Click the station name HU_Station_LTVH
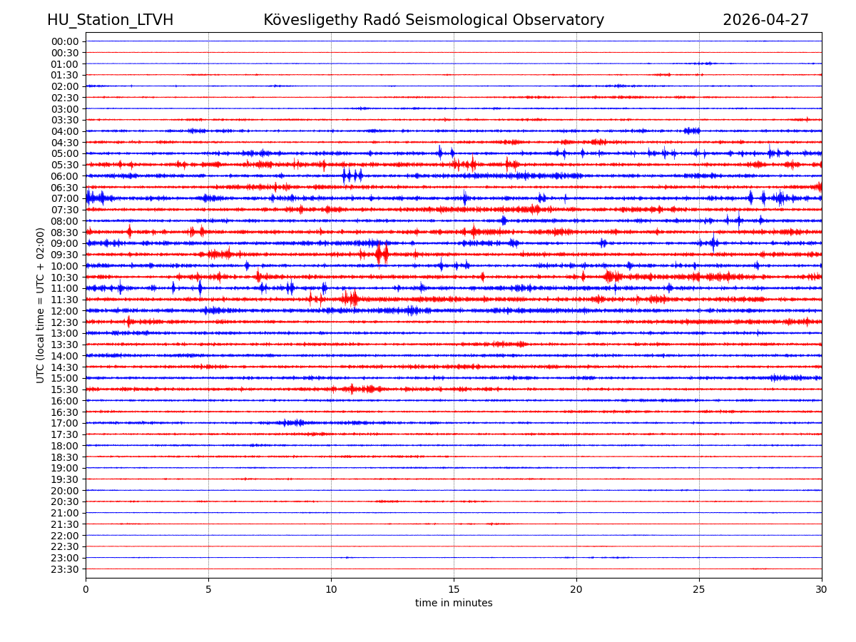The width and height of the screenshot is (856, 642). pos(110,20)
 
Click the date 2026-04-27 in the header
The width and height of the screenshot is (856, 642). pos(765,20)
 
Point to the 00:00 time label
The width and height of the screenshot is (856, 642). pos(64,41)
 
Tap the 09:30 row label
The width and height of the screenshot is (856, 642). pos(64,255)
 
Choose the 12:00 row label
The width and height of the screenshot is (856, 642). pos(64,311)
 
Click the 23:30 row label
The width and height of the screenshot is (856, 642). pos(64,569)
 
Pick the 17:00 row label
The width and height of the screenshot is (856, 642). pos(64,423)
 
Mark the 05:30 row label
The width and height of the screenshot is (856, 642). pos(64,165)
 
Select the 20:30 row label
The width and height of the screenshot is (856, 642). pos(64,501)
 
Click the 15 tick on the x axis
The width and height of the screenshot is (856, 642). pos(454,590)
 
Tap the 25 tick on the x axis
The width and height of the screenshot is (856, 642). pos(699,590)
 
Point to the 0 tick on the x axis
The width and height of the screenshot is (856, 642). pos(86,590)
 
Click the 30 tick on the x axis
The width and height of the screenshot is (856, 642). pos(822,590)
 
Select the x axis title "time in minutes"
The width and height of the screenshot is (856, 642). pos(454,603)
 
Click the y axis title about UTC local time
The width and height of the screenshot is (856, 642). pos(41,305)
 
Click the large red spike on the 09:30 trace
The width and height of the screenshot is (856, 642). pos(382,254)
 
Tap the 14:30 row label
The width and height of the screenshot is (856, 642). pos(64,367)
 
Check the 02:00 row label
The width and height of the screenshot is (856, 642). pos(64,86)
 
